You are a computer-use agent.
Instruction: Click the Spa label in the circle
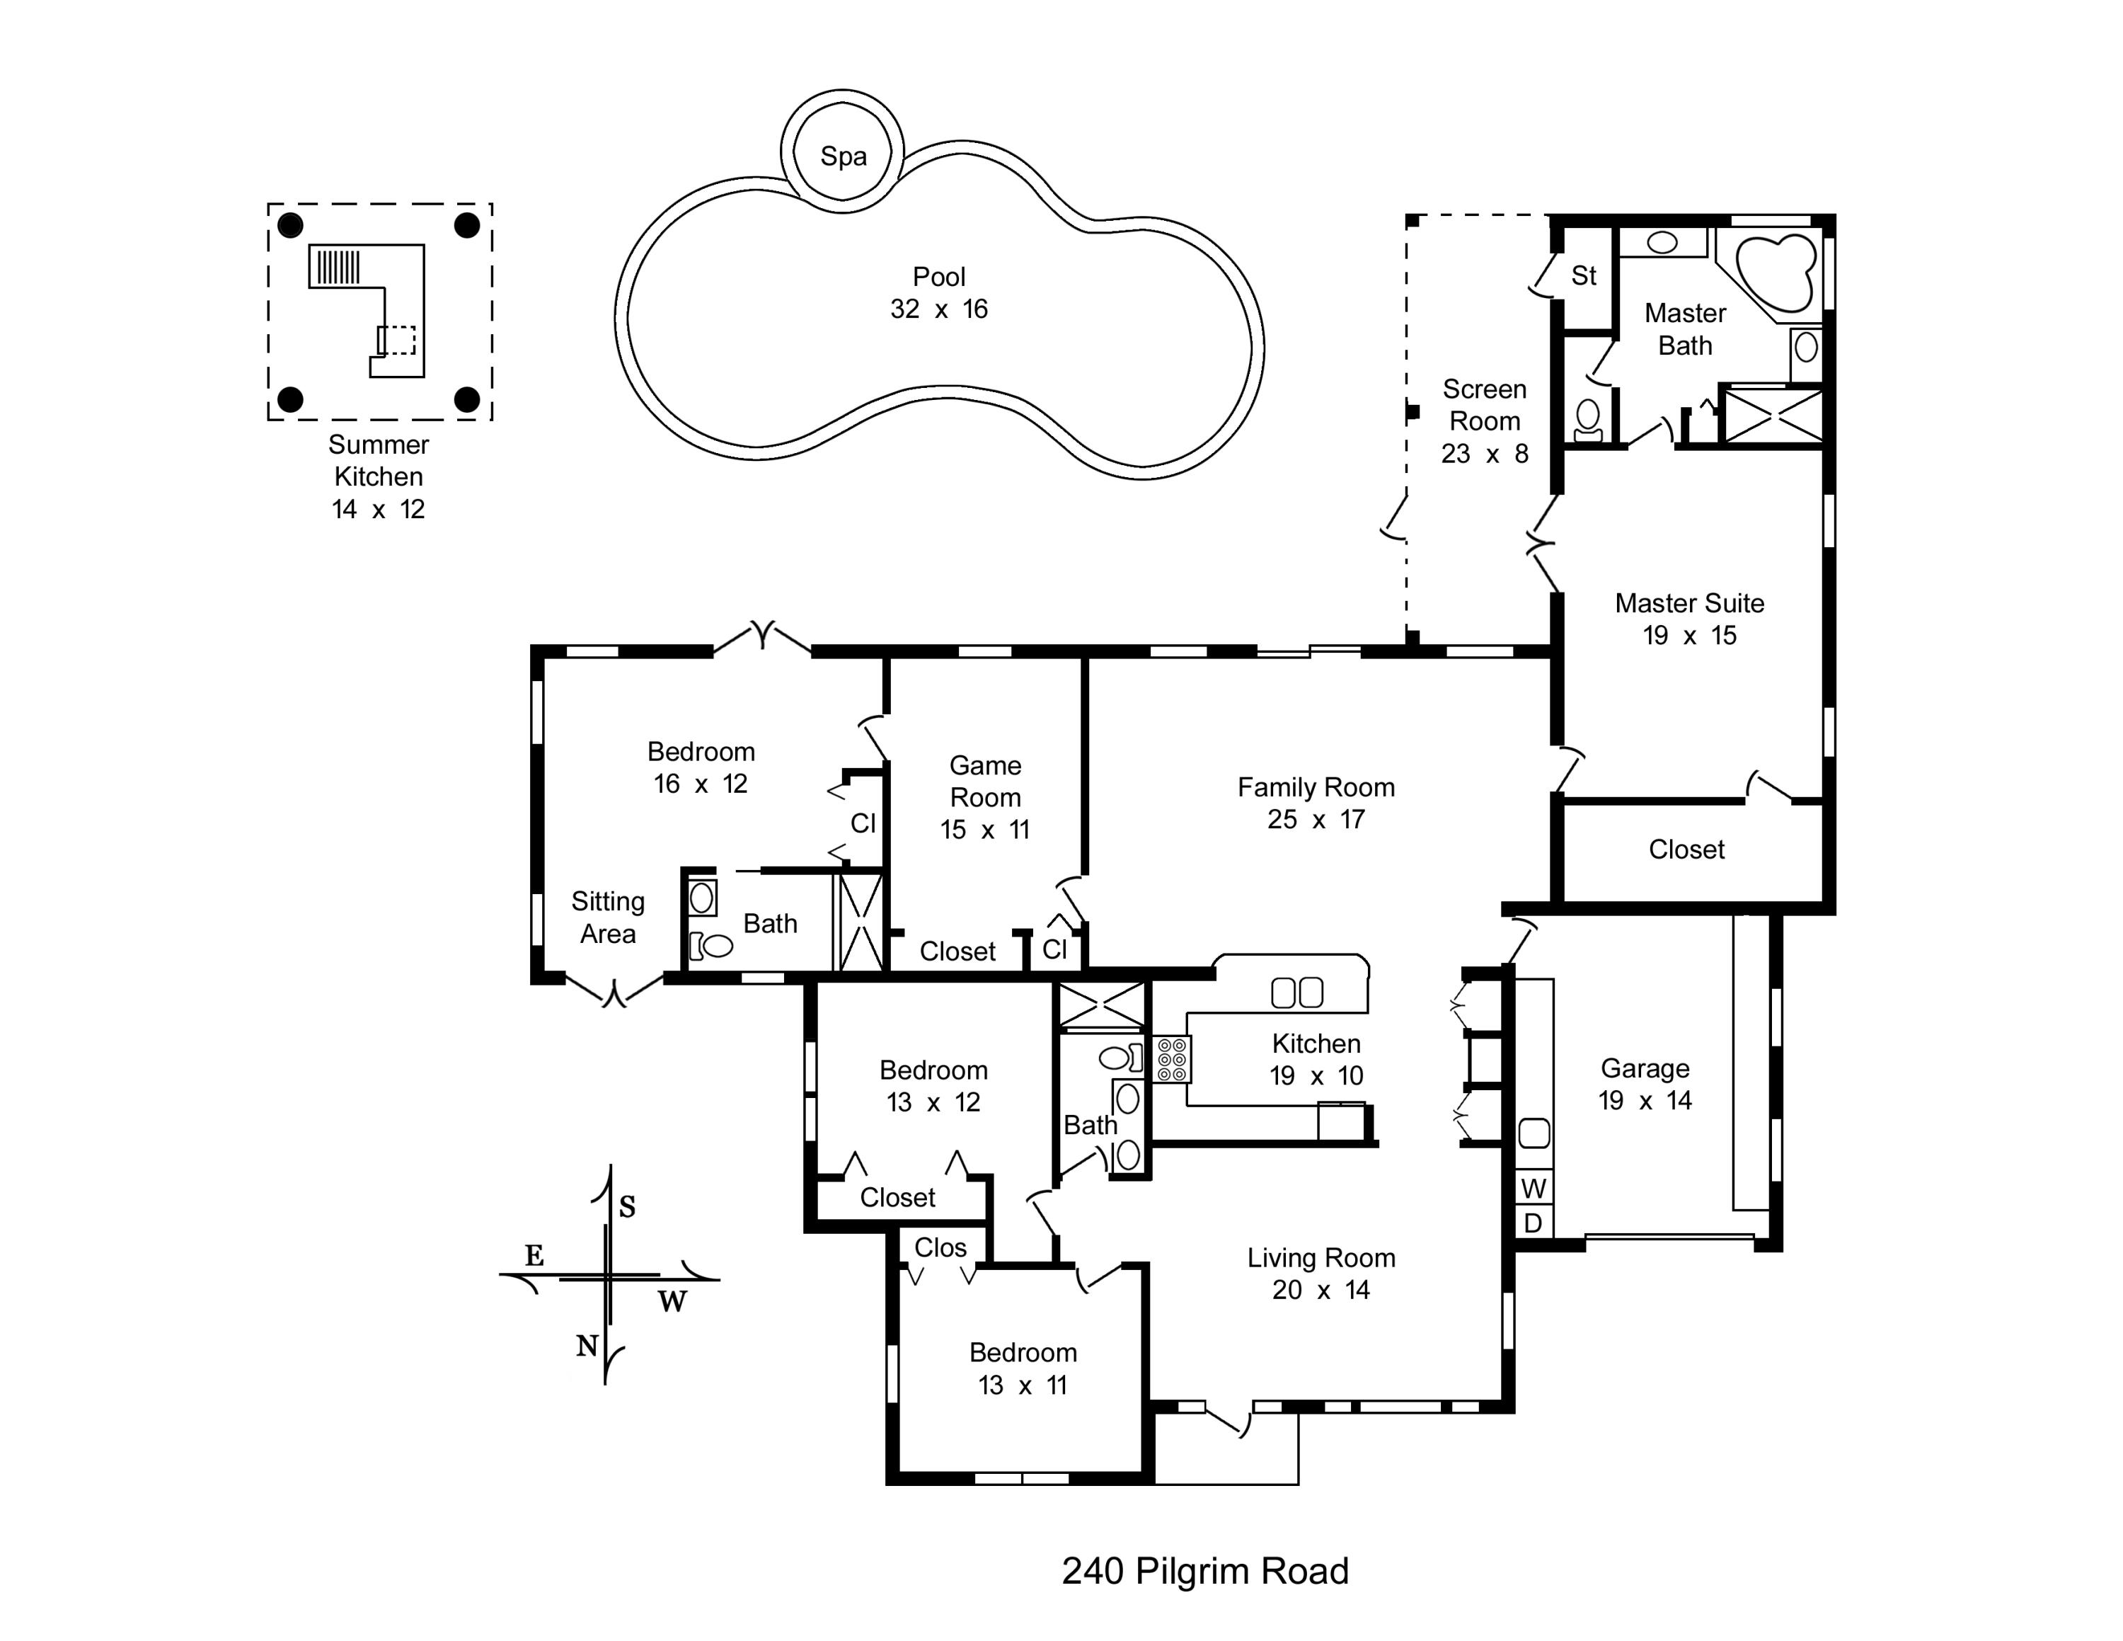click(x=843, y=156)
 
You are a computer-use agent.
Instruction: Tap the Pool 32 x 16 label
click(x=939, y=292)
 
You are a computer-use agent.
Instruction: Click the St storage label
click(x=1584, y=276)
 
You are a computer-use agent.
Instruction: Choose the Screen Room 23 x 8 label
click(x=1485, y=421)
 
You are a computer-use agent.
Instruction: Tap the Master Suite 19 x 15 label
click(x=1689, y=619)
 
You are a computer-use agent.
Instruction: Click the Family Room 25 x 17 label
click(x=1316, y=803)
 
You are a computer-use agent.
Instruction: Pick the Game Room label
click(x=984, y=797)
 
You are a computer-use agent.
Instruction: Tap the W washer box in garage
click(x=1533, y=1188)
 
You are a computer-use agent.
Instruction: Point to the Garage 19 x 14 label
click(x=1645, y=1084)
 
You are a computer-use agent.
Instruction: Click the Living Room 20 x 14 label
click(x=1321, y=1274)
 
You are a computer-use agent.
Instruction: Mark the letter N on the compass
click(x=586, y=1346)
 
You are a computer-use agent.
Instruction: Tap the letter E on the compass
click(x=534, y=1255)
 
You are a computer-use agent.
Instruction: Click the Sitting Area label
click(x=608, y=917)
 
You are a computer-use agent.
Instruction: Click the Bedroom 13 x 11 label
click(x=1023, y=1368)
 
